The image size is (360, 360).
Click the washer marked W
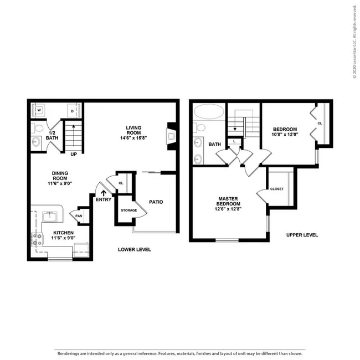[x=39, y=110]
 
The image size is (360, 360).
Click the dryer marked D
[x=73, y=111]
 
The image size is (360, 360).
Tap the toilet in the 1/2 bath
[x=38, y=128]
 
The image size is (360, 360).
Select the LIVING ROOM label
[x=133, y=130]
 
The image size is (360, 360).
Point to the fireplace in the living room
[x=170, y=136]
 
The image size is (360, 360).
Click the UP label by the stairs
[x=74, y=155]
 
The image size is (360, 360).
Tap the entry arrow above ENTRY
[x=104, y=193]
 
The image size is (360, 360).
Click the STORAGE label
[x=129, y=210]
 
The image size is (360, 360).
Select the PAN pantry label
[x=79, y=216]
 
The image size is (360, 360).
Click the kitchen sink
[x=49, y=216]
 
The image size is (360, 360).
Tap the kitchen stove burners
[x=37, y=239]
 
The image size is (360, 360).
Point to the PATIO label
[x=156, y=202]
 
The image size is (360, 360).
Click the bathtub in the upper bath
[x=209, y=111]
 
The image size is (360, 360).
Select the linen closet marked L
[x=234, y=141]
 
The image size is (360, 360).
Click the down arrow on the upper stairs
[x=235, y=129]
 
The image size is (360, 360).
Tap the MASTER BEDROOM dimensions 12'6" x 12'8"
[x=228, y=209]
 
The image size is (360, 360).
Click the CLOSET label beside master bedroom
[x=277, y=189]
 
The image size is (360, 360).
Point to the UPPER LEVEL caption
[x=302, y=235]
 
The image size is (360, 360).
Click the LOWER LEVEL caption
[x=135, y=250]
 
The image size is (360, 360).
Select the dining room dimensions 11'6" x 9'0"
[x=60, y=183]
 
